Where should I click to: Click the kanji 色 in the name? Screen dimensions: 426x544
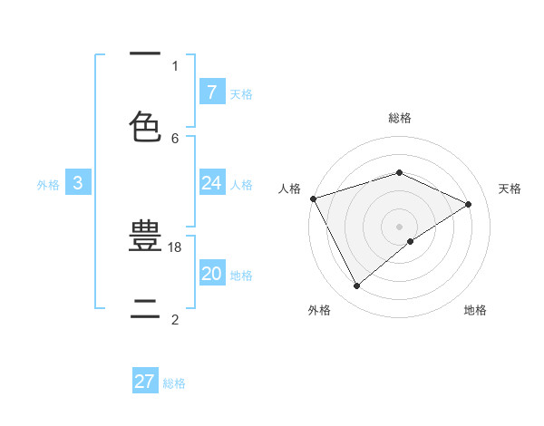[145, 127]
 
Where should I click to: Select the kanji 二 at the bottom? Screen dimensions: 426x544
[145, 305]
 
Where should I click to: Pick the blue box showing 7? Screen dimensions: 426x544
[211, 92]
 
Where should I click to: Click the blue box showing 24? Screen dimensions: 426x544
[211, 183]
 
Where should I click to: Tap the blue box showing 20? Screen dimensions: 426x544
[211, 274]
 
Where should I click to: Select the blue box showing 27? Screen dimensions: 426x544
[145, 382]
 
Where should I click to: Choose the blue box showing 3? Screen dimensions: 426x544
[78, 183]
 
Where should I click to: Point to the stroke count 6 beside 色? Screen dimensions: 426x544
[175, 138]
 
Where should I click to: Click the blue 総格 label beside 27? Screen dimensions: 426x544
[175, 383]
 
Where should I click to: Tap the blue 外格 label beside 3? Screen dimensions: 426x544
[48, 185]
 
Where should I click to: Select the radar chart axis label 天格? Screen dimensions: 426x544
[510, 189]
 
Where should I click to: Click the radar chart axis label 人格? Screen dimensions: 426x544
[289, 189]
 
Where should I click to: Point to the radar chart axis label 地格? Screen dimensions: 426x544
[475, 310]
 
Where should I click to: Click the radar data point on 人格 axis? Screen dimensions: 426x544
[313, 198]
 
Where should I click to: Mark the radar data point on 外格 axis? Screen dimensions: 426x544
[357, 286]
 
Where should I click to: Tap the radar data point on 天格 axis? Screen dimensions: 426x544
[469, 204]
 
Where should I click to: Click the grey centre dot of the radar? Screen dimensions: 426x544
[399, 226]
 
